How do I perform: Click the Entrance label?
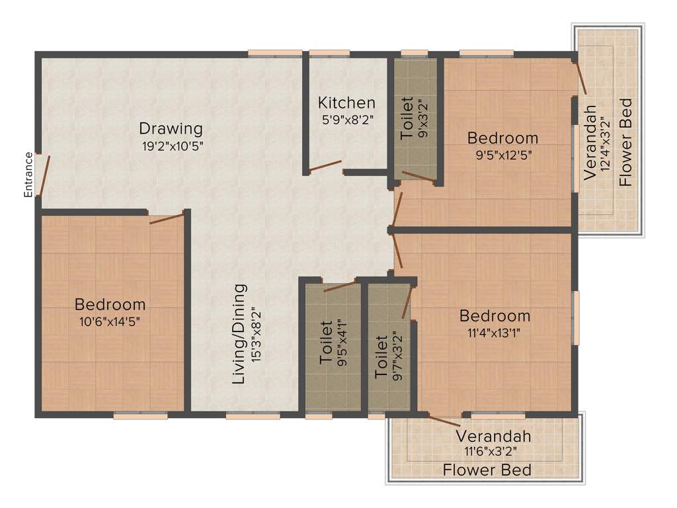(x=28, y=175)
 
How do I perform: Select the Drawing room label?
(x=171, y=128)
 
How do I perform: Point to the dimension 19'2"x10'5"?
(x=171, y=146)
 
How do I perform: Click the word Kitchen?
(x=346, y=103)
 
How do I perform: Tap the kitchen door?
(x=326, y=167)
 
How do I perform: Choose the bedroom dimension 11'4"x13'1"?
(x=495, y=333)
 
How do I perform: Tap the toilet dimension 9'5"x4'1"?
(x=342, y=343)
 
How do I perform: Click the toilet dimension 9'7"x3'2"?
(x=397, y=356)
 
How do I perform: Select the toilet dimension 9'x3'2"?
(x=422, y=118)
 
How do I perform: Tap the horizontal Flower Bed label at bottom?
(x=487, y=470)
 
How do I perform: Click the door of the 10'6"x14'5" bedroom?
(x=167, y=218)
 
